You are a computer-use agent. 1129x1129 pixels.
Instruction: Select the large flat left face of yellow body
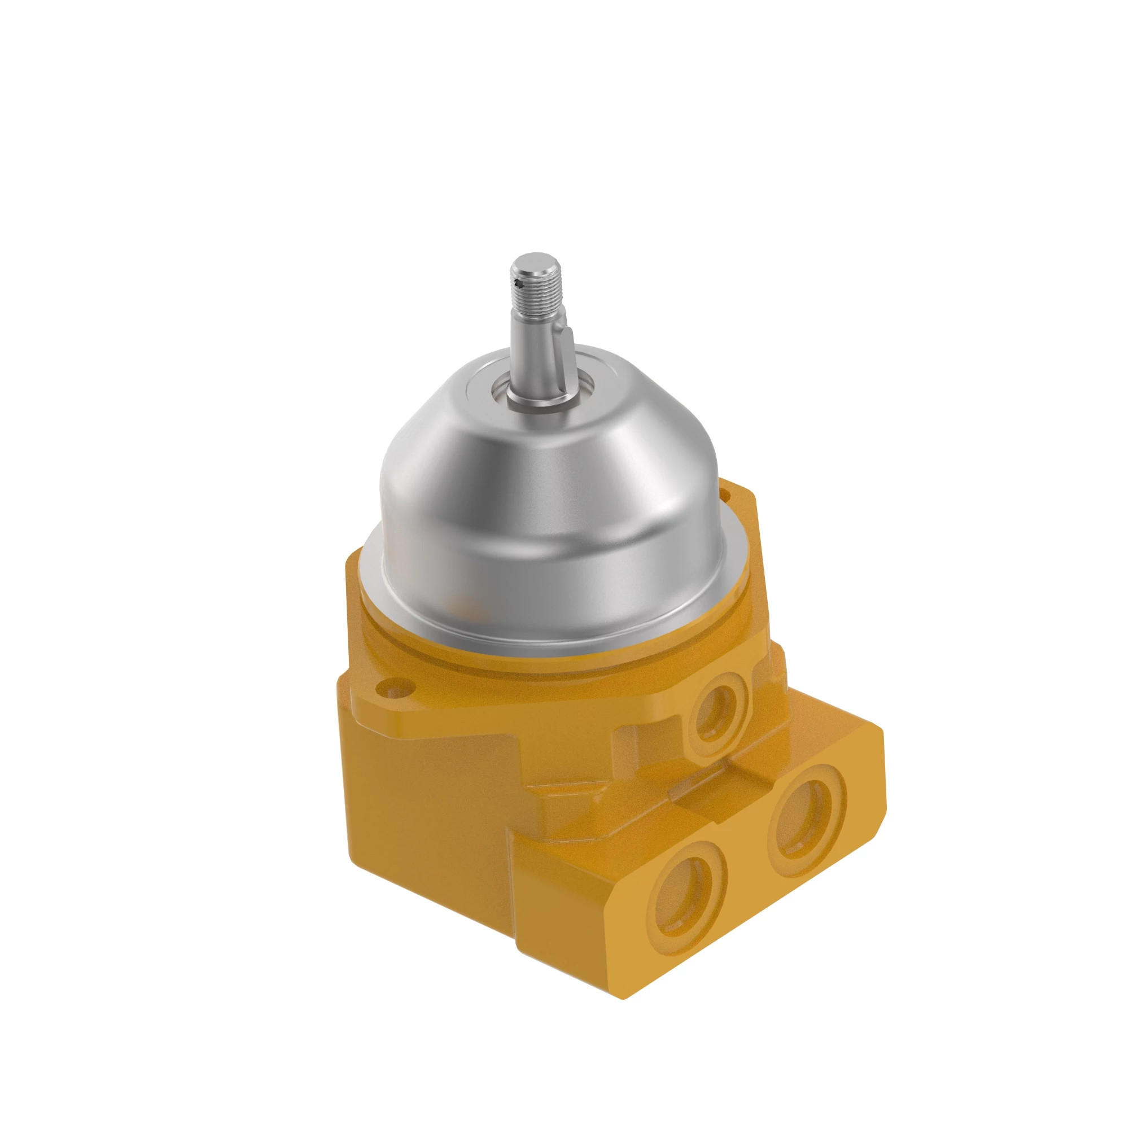pyautogui.click(x=427, y=818)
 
